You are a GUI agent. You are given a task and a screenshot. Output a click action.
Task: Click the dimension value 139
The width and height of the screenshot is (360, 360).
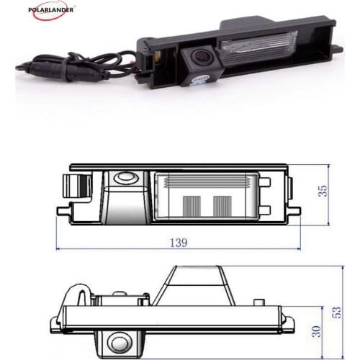pos(178,243)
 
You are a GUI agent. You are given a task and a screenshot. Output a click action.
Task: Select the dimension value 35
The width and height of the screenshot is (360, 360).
pos(323,192)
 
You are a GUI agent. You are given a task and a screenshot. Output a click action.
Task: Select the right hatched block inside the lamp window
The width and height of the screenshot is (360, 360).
pos(220,207)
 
